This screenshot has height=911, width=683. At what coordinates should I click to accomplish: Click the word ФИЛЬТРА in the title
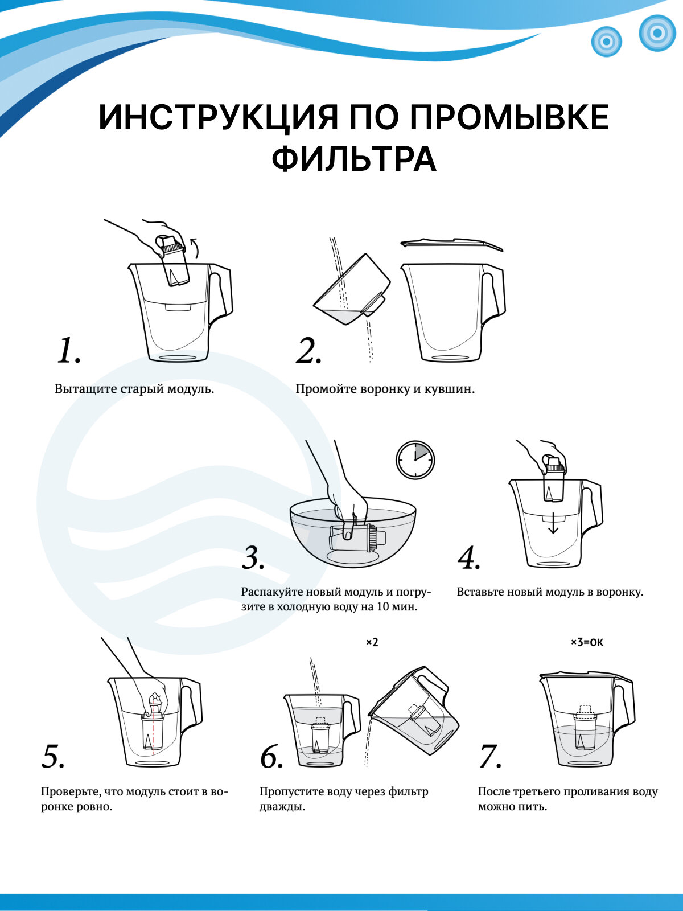(x=354, y=160)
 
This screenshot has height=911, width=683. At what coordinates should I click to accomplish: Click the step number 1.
(x=68, y=351)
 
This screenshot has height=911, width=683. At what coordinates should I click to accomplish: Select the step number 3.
(x=253, y=558)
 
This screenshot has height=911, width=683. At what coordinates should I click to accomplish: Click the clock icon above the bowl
(x=415, y=460)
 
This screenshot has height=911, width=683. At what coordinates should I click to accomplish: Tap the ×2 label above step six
(x=372, y=642)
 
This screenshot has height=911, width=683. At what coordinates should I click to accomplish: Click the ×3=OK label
(x=587, y=642)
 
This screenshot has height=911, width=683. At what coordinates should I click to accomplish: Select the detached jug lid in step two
(x=451, y=244)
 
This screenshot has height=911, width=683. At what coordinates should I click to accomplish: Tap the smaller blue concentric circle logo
(x=606, y=41)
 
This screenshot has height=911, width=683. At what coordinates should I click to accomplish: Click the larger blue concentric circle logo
(x=657, y=33)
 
